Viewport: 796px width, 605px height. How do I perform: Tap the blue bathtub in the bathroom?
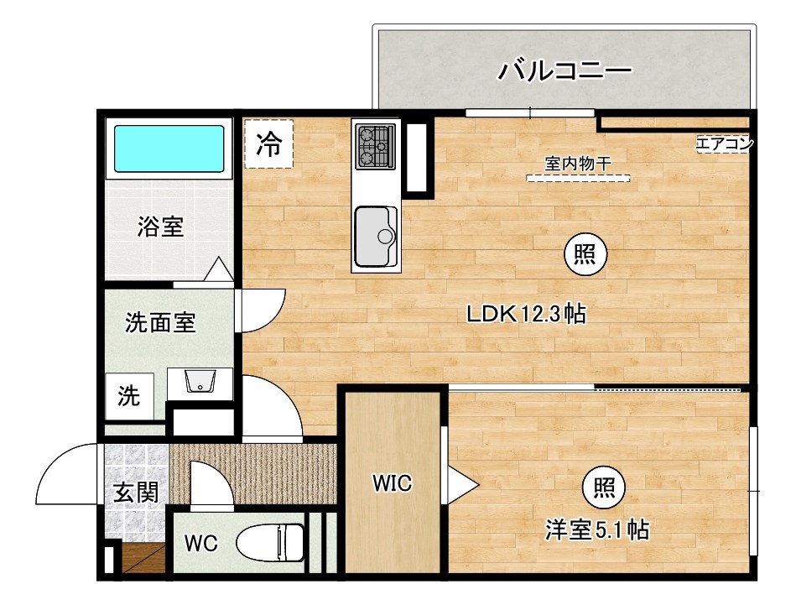pos(169,149)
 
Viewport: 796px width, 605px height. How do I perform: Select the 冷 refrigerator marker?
pos(268,145)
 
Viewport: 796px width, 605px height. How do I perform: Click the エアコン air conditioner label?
pos(724,143)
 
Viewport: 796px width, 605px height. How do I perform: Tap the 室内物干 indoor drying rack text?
pos(577,164)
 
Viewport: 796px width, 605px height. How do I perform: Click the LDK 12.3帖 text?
pos(526,315)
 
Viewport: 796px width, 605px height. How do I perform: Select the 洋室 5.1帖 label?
pos(597,530)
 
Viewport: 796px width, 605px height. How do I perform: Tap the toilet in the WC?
pos(270,541)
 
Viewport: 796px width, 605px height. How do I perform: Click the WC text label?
pos(201,544)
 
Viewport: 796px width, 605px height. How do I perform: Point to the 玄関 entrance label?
pos(136,493)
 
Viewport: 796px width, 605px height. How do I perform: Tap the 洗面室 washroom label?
pos(160,322)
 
